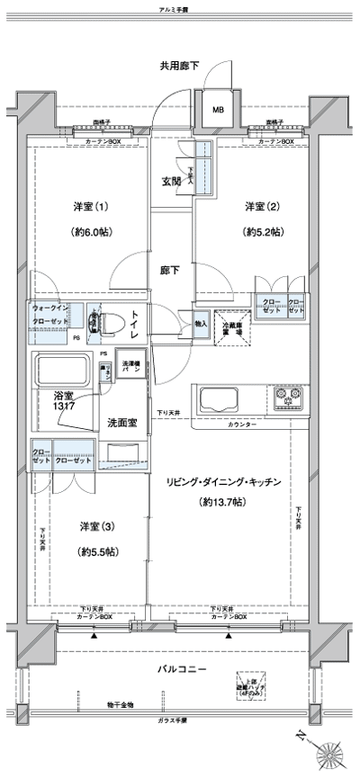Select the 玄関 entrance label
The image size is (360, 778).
tap(171, 181)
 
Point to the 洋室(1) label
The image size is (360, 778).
tap(92, 207)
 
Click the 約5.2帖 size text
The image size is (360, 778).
tap(263, 232)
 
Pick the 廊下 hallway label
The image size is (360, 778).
tap(171, 268)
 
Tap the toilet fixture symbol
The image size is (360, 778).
tap(111, 324)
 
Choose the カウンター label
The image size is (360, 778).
tap(242, 423)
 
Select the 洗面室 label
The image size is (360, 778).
tap(121, 422)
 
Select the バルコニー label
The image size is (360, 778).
tap(186, 670)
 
